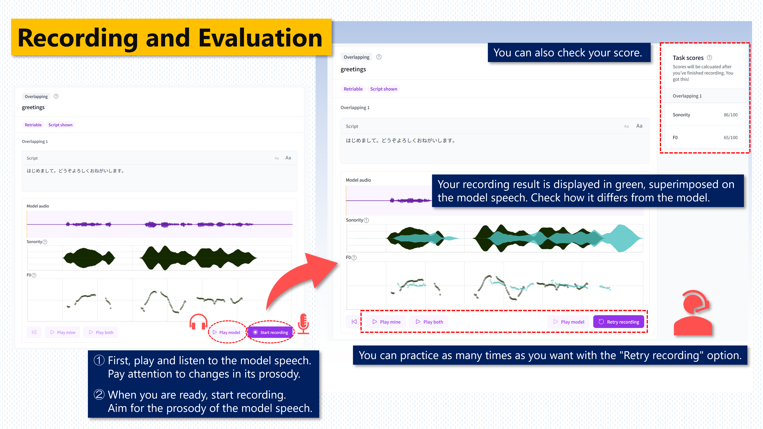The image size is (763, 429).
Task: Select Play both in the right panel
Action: click(429, 322)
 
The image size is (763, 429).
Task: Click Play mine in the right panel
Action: click(387, 322)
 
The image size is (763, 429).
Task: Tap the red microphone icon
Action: click(303, 324)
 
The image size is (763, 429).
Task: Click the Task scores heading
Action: click(688, 58)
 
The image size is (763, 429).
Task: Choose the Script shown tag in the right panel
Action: click(383, 89)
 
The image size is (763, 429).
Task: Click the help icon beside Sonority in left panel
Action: click(45, 242)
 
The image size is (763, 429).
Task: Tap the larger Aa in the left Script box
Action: click(288, 158)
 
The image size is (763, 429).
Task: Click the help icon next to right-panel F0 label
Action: click(354, 258)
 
